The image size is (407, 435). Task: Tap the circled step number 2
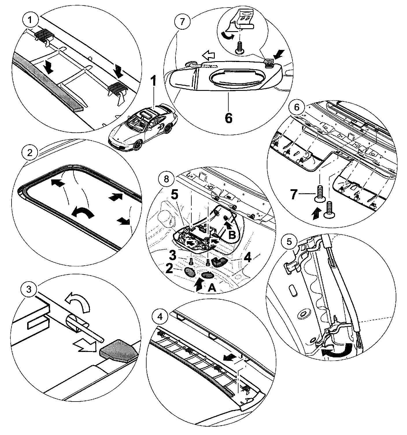pyautogui.click(x=30, y=152)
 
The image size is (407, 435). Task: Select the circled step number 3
pyautogui.click(x=29, y=289)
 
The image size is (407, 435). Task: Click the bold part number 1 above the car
pyautogui.click(x=154, y=81)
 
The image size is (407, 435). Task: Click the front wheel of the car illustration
pyautogui.click(x=137, y=144)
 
